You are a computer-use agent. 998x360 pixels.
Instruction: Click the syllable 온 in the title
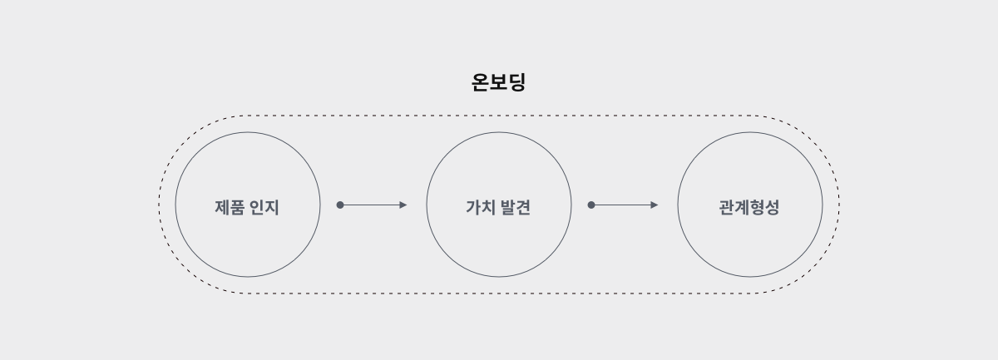pyautogui.click(x=481, y=82)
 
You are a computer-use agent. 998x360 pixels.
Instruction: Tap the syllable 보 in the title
pyautogui.click(x=499, y=82)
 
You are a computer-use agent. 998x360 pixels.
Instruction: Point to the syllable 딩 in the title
pyautogui.click(x=517, y=82)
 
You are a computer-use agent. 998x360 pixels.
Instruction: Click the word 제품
pyautogui.click(x=230, y=207)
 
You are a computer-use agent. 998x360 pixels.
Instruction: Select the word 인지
pyautogui.click(x=265, y=207)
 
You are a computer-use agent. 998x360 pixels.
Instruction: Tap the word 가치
pyautogui.click(x=481, y=207)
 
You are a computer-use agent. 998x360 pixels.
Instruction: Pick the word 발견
pyautogui.click(x=516, y=207)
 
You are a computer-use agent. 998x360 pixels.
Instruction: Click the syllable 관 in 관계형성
pyautogui.click(x=727, y=207)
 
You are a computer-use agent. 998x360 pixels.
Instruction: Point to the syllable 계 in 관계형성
pyautogui.click(x=742, y=207)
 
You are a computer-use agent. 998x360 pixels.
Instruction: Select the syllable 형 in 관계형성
pyautogui.click(x=757, y=207)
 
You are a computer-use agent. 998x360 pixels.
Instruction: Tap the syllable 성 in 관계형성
pyautogui.click(x=773, y=207)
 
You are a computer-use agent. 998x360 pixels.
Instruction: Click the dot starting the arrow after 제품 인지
pyautogui.click(x=340, y=205)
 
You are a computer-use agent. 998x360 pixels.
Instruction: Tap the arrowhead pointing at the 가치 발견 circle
pyautogui.click(x=403, y=205)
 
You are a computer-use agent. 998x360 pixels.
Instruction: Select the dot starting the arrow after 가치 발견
pyautogui.click(x=591, y=205)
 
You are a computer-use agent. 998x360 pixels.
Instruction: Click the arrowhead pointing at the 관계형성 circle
pyautogui.click(x=655, y=205)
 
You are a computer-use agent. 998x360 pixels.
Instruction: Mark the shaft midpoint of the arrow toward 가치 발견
pyautogui.click(x=372, y=205)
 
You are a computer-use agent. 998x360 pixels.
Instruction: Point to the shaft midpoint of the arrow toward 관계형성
pyautogui.click(x=623, y=205)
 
